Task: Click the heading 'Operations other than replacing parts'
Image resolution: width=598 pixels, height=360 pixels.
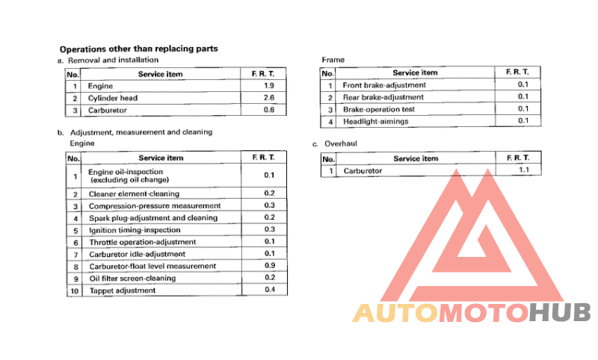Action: [138, 49]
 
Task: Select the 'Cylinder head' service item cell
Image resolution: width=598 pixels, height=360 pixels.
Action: [113, 98]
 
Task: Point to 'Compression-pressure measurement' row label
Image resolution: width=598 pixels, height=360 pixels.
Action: [155, 205]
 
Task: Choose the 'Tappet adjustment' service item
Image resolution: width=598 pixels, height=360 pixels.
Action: [123, 290]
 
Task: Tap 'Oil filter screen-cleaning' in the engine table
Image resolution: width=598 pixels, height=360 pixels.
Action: [132, 278]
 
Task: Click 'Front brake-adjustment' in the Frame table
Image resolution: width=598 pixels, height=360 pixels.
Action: [383, 85]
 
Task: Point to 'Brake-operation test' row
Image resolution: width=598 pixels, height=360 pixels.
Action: [378, 109]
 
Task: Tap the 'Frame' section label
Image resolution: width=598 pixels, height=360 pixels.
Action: [333, 59]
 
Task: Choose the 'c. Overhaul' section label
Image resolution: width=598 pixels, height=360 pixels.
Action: [338, 143]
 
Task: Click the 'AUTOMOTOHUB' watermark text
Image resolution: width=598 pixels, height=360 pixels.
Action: [472, 313]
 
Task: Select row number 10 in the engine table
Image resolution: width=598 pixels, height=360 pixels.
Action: [73, 291]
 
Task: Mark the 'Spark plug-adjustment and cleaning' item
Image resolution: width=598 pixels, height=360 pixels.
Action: [153, 217]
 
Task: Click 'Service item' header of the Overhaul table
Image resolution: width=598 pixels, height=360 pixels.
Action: [416, 158]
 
